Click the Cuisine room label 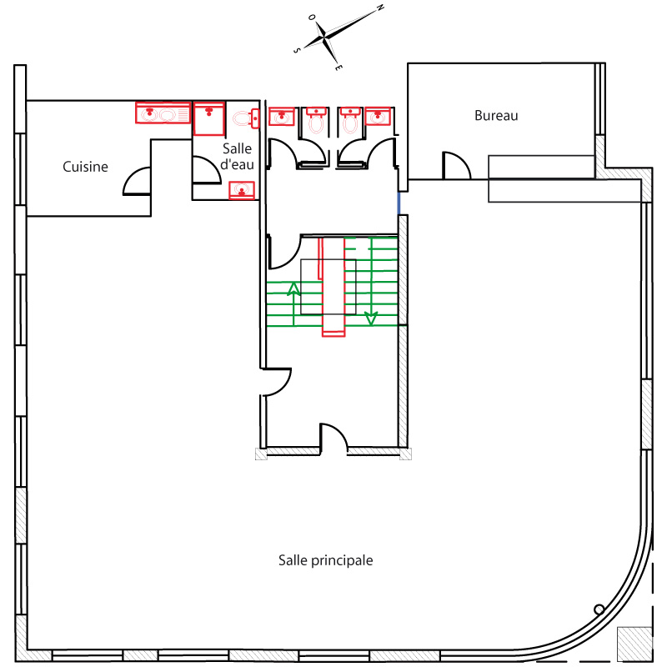(x=85, y=167)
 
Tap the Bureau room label (x=496, y=116)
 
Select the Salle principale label (x=325, y=560)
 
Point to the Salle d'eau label (x=237, y=157)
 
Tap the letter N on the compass (x=380, y=8)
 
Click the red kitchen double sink (x=163, y=113)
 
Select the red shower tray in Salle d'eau (x=209, y=118)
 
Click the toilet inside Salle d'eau (x=246, y=118)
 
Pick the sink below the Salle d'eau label (x=242, y=190)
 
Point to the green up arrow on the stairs (x=293, y=303)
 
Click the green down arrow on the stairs (x=371, y=282)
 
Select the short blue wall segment (x=399, y=203)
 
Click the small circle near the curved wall (x=599, y=609)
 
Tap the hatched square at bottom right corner (x=634, y=644)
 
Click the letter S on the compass (x=297, y=51)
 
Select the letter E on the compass (x=338, y=68)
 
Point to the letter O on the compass (x=312, y=18)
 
